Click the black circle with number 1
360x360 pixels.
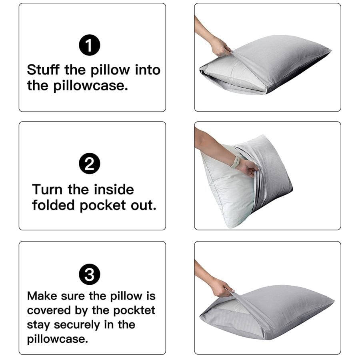90,47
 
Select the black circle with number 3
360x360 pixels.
90,275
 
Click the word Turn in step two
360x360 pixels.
48,189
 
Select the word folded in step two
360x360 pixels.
53,205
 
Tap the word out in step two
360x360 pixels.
143,205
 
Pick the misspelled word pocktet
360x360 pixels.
134,310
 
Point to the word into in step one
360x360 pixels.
147,70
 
